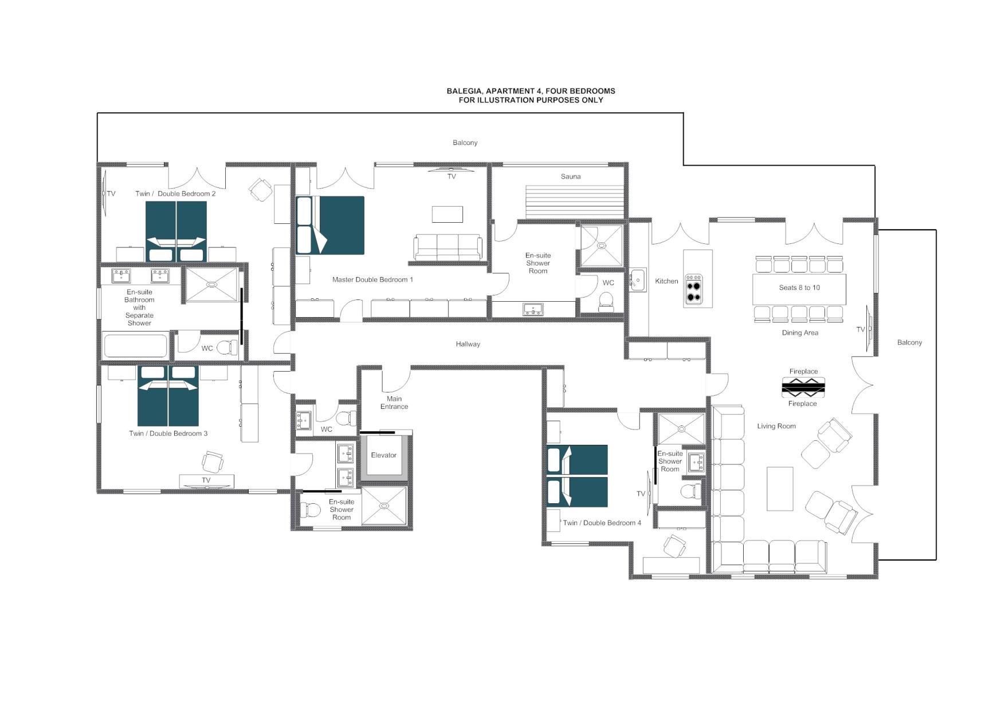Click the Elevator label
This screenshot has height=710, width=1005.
tap(383, 455)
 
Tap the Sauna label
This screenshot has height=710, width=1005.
tap(570, 176)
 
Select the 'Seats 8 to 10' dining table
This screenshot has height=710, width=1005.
tap(799, 288)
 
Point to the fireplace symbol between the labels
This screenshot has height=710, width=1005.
tap(803, 388)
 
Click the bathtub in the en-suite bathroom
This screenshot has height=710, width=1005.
tap(135, 346)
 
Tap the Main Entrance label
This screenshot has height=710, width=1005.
tap(394, 403)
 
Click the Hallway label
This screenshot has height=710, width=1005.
tap(468, 344)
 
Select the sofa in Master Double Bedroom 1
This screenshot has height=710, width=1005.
tap(448, 247)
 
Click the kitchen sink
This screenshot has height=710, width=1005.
tap(637, 280)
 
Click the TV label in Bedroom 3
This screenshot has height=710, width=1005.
tap(206, 480)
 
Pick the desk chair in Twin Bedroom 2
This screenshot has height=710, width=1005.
tap(261, 188)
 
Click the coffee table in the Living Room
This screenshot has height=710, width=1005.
tap(780, 488)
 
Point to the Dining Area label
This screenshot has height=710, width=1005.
tap(800, 333)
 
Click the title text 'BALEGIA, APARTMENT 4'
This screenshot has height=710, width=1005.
tap(530, 91)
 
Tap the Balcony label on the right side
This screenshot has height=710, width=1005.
tap(909, 342)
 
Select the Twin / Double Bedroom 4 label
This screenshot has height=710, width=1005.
tap(602, 523)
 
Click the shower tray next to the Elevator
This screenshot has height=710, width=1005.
tap(384, 506)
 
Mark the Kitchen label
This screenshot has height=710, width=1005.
tap(666, 281)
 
